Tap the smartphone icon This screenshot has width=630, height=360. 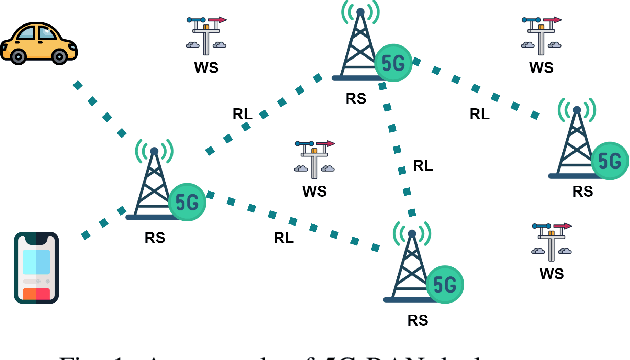click(x=36, y=267)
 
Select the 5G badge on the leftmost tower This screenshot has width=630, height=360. click(x=187, y=201)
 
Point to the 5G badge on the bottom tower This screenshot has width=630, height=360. click(x=446, y=285)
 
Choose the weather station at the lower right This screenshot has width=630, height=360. click(x=552, y=242)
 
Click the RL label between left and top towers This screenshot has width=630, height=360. click(x=242, y=114)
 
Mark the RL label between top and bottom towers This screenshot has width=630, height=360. click(x=423, y=166)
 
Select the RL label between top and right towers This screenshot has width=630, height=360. click(x=479, y=114)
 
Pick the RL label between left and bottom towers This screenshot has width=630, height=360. click(x=284, y=238)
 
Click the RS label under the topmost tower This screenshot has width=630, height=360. click(x=355, y=98)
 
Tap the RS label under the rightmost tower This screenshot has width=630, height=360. click(x=582, y=191)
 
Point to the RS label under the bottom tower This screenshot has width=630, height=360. click(x=418, y=321)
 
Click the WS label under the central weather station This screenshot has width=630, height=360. click(x=315, y=191)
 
